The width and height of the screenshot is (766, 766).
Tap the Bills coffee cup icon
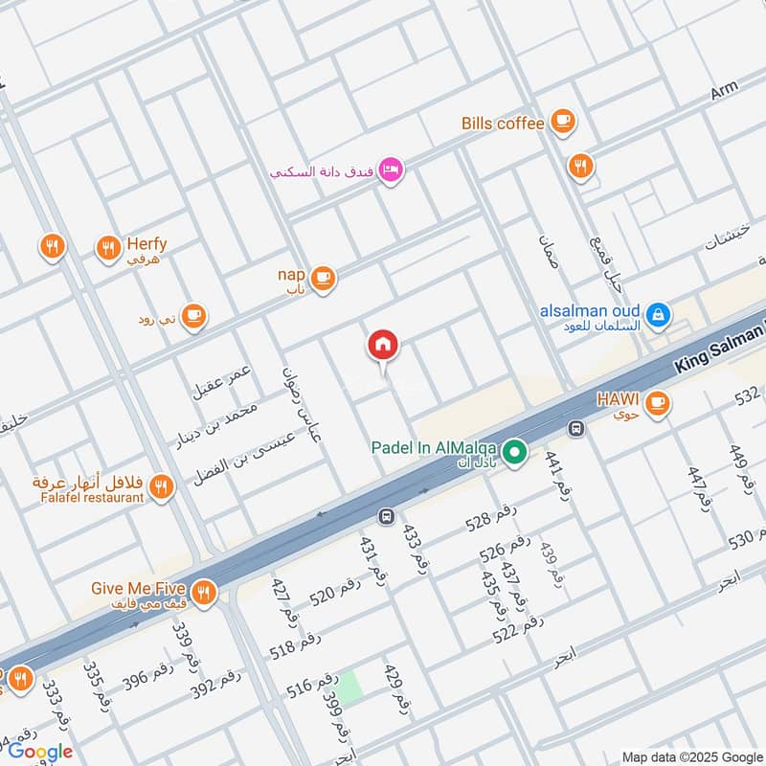coord(562,122)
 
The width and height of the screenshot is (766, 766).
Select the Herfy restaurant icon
coord(108,249)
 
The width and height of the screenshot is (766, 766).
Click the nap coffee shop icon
coord(323,278)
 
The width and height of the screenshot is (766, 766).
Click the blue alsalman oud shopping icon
coord(657,313)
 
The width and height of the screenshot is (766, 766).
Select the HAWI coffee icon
coord(656,402)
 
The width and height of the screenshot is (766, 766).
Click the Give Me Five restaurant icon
coord(202,593)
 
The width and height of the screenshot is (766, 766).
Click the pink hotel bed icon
coord(391,170)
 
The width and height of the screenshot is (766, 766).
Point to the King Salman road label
coord(718,348)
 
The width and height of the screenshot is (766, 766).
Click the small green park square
coord(349,687)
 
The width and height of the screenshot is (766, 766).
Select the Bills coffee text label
coord(503,123)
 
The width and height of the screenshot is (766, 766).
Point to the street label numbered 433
coord(413,549)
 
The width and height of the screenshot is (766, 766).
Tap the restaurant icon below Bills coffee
coord(579,168)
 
